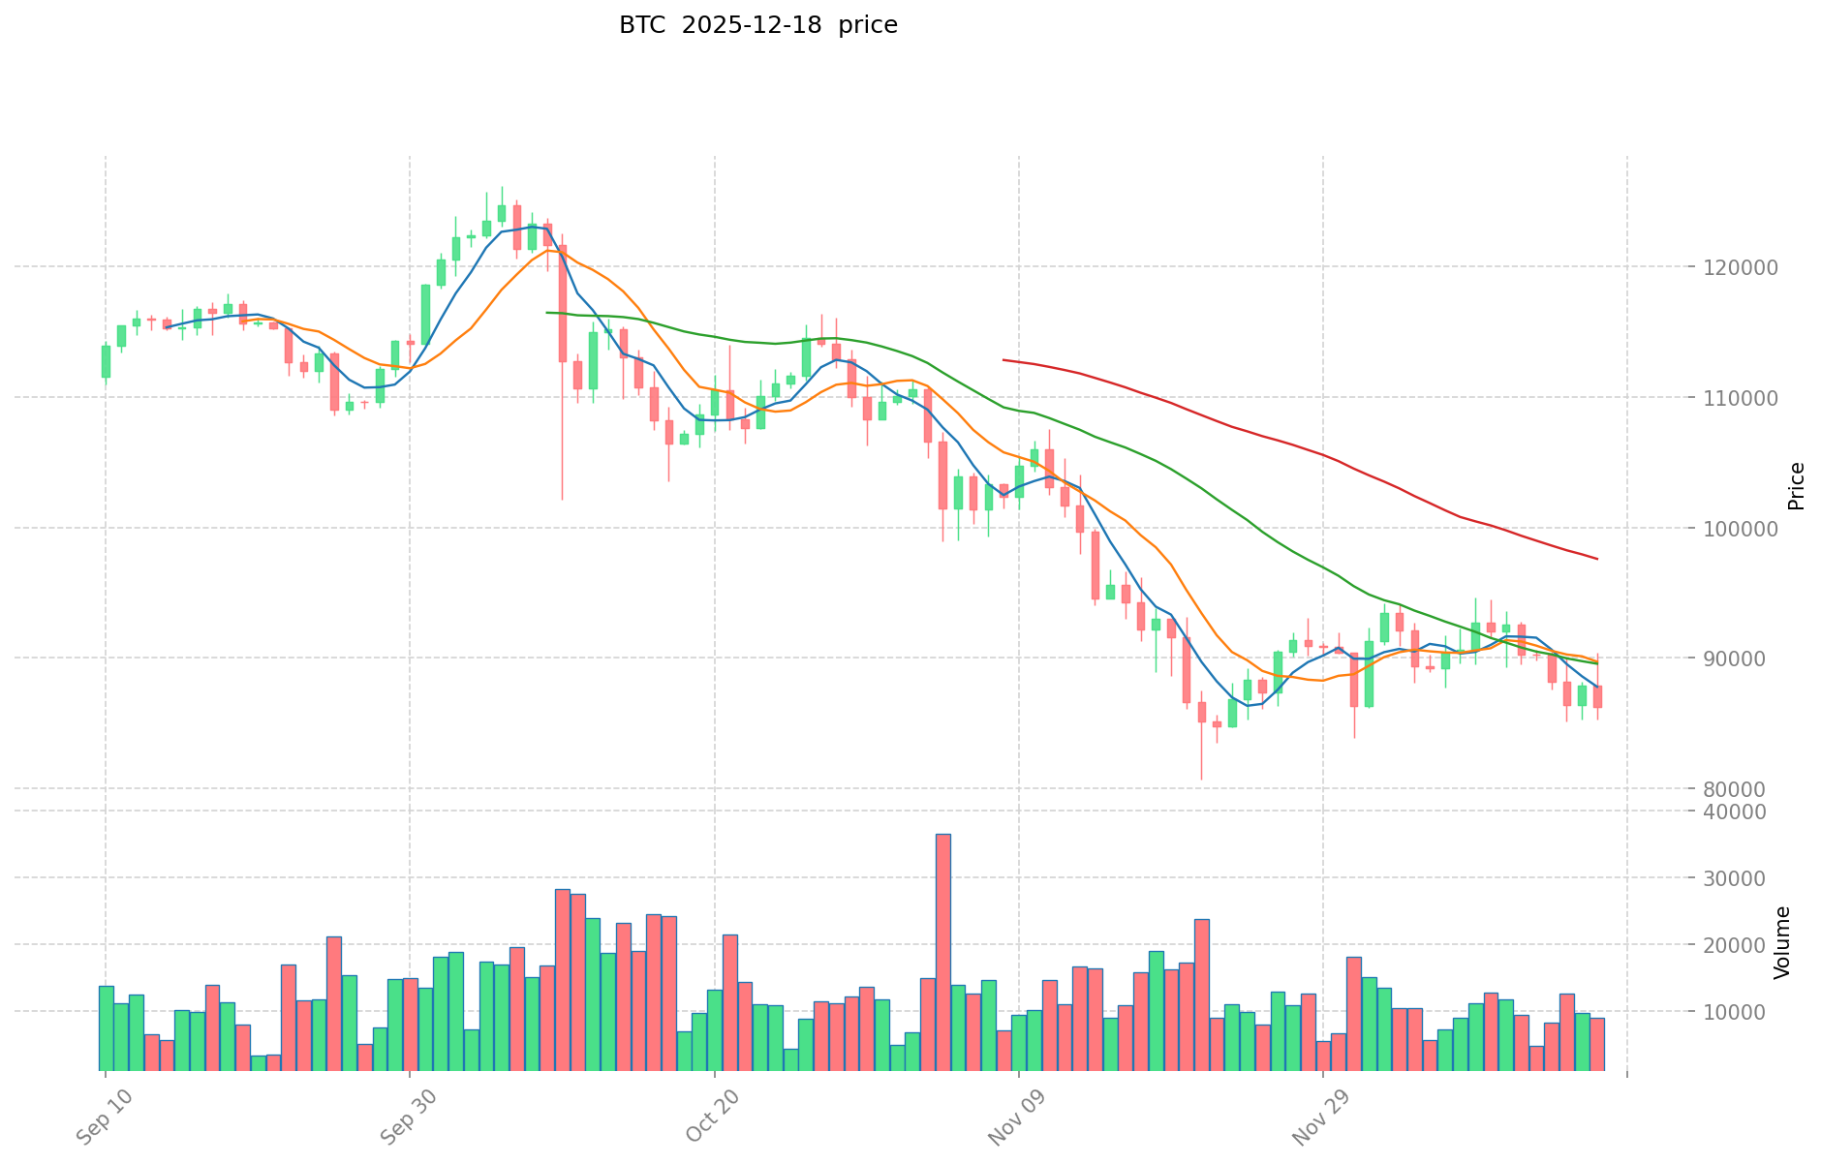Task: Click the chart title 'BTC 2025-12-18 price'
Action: pyautogui.click(x=757, y=25)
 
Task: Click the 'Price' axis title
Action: pyautogui.click(x=1796, y=486)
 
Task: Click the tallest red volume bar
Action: pyautogui.click(x=942, y=951)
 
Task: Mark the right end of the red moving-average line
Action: pyautogui.click(x=1597, y=559)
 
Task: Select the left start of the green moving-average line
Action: pyautogui.click(x=547, y=312)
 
